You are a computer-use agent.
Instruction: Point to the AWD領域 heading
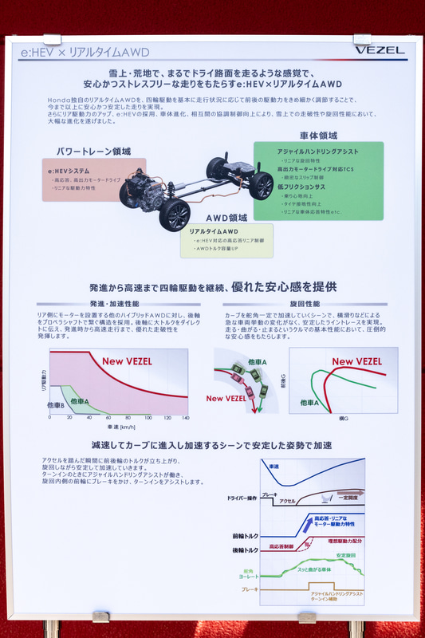(227, 217)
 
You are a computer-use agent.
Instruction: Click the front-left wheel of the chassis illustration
(175, 215)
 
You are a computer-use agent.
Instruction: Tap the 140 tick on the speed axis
(186, 417)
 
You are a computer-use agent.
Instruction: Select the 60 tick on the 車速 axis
(108, 417)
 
